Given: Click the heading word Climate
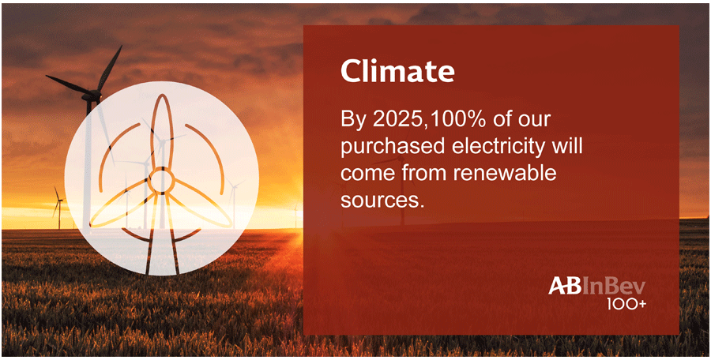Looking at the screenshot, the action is click(x=397, y=72).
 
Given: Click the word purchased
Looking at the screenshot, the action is click(x=382, y=148).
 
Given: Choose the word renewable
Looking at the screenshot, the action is click(x=505, y=174).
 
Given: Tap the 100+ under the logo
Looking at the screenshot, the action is click(x=626, y=304).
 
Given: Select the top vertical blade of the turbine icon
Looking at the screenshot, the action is click(x=161, y=132).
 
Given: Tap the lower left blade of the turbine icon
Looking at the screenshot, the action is click(x=120, y=203).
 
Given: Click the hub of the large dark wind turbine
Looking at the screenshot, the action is click(x=92, y=96).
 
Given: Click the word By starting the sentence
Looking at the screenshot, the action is click(x=353, y=121).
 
